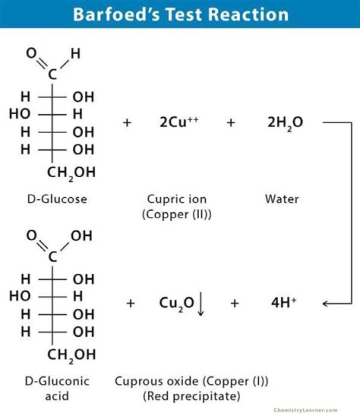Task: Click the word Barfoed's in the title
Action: [116, 15]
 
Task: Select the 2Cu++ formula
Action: [179, 122]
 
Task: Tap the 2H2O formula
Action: [285, 123]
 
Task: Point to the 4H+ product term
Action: [283, 303]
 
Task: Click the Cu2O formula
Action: [176, 303]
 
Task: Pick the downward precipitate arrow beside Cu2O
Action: [200, 304]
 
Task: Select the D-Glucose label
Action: [57, 199]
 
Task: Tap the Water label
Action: [282, 199]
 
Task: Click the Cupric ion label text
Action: [176, 199]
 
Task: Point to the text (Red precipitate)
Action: [191, 396]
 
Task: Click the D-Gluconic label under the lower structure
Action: [57, 381]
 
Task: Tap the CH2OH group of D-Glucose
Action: [71, 173]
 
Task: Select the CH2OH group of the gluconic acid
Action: [71, 355]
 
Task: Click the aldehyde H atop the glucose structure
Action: [75, 54]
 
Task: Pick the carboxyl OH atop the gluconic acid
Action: [81, 236]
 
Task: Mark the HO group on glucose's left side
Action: [19, 114]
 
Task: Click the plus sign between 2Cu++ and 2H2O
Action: [230, 122]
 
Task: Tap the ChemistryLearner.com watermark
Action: [305, 410]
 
